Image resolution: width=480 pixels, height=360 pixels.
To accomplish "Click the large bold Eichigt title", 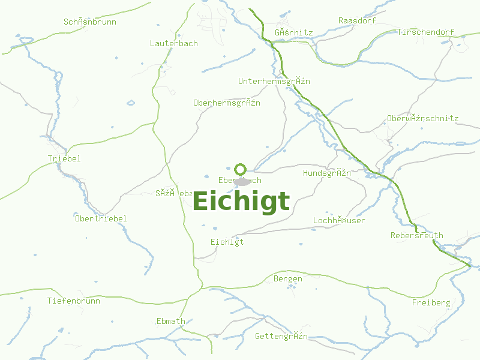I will tap(241, 202).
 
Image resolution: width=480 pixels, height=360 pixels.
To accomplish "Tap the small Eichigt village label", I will tap(227, 242).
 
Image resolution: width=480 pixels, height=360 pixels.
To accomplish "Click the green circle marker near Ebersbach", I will tap(241, 169).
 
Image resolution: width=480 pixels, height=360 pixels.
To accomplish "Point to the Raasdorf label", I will tap(357, 20).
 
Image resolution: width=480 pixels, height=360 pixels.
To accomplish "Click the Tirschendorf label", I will tap(425, 32).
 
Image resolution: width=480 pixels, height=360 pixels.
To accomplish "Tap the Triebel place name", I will tap(64, 158).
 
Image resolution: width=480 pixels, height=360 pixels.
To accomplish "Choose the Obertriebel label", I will tap(101, 218).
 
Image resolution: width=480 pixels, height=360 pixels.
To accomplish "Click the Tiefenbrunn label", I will tap(74, 301).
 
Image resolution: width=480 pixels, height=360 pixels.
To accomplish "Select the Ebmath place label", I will tap(170, 321).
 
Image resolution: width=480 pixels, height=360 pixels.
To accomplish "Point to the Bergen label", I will tap(288, 279).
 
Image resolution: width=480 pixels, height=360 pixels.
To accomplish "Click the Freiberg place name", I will tap(431, 302).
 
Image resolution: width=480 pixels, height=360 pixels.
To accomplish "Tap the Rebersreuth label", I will tap(416, 235).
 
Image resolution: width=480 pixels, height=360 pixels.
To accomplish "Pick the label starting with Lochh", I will tap(339, 220).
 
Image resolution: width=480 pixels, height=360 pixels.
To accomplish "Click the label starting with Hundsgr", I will tap(326, 173).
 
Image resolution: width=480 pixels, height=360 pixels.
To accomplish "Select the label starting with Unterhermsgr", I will tap(274, 81).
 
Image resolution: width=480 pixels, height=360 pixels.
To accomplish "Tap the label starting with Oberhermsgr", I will tap(226, 103).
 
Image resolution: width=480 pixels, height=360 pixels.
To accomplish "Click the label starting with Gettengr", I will tap(281, 336).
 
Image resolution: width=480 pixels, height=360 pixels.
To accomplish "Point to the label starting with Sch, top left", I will tap(90, 22).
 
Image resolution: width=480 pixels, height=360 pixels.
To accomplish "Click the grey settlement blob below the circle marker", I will tap(242, 181).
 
